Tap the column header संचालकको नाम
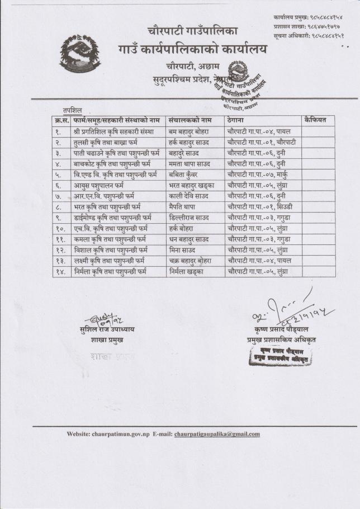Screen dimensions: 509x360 (x=190, y=120)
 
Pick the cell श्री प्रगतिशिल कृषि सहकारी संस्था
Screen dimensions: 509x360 (x=113, y=131)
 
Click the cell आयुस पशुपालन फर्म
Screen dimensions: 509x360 (x=98, y=185)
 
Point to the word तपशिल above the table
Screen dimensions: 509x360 (x=72, y=111)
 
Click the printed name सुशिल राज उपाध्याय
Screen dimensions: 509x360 (x=107, y=329)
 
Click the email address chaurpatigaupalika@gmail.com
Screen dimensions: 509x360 (x=217, y=434)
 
